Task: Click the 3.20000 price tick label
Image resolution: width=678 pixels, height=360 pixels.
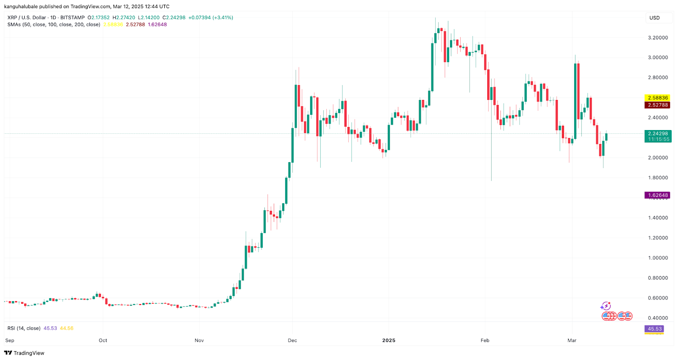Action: click(658, 38)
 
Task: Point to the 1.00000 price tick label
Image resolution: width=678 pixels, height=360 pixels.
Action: click(658, 258)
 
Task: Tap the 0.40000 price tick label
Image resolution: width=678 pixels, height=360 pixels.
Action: click(658, 318)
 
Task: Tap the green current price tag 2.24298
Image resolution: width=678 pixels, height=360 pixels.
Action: click(658, 134)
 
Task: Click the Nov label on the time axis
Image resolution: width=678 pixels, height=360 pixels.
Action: click(199, 341)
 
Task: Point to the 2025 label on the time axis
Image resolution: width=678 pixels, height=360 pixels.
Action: click(389, 341)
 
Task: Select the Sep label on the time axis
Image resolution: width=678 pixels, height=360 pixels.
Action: click(10, 341)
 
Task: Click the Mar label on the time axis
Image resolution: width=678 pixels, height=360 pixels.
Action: click(572, 341)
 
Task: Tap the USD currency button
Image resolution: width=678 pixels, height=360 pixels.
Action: click(655, 18)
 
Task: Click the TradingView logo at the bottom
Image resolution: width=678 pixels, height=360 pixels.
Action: click(24, 353)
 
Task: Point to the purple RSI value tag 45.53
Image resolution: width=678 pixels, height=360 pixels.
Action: click(654, 329)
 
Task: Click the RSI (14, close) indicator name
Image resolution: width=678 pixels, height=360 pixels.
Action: click(24, 328)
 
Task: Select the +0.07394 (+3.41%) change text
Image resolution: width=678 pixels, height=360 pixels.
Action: click(211, 18)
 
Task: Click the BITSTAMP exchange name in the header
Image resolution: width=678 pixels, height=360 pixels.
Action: click(73, 18)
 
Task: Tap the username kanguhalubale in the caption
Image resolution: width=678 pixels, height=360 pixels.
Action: click(21, 6)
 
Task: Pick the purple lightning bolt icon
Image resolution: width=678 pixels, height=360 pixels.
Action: click(606, 306)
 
